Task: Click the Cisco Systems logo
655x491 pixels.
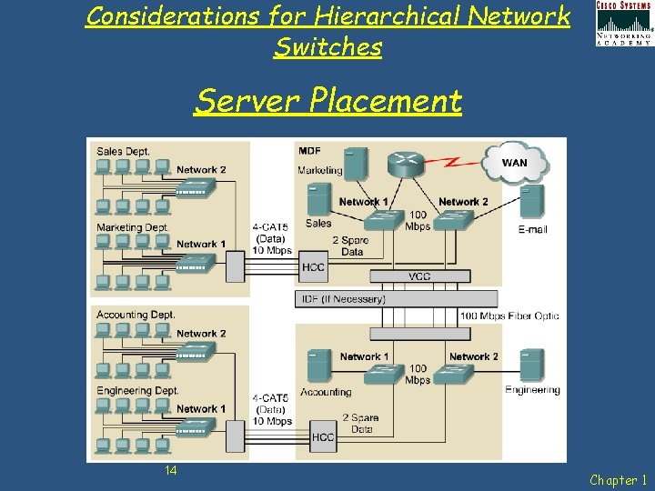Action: coord(623,23)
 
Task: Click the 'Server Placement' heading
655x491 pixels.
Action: coord(327,100)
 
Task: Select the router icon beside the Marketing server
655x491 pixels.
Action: coord(404,164)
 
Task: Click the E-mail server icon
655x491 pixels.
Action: coord(532,203)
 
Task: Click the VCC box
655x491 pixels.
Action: coord(419,276)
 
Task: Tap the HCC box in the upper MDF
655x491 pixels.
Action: coord(313,266)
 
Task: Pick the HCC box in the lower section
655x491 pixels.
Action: coord(323,436)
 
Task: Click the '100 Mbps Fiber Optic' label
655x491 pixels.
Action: coord(509,316)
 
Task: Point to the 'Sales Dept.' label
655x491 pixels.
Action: coord(123,151)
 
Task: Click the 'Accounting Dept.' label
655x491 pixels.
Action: coord(136,315)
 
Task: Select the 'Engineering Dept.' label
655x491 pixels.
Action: coord(137,390)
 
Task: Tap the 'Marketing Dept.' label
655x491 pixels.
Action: coord(133,227)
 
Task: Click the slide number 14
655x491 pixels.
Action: coord(171,470)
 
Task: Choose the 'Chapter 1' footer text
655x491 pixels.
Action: coord(619,479)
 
